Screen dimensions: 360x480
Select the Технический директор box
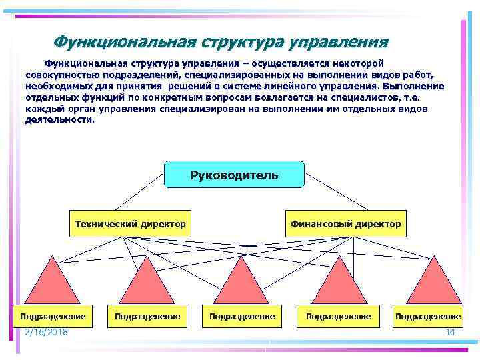tap(129, 224)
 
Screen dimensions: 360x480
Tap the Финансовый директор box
tap(345, 224)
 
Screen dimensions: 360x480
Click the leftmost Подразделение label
tap(53, 316)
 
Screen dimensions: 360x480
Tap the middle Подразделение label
tap(242, 316)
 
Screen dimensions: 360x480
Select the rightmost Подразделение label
tap(428, 316)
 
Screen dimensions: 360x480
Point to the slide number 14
tap(449, 332)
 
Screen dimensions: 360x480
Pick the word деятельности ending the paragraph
tap(59, 121)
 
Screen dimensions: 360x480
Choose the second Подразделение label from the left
tap(147, 316)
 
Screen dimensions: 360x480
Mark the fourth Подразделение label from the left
tap(339, 316)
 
